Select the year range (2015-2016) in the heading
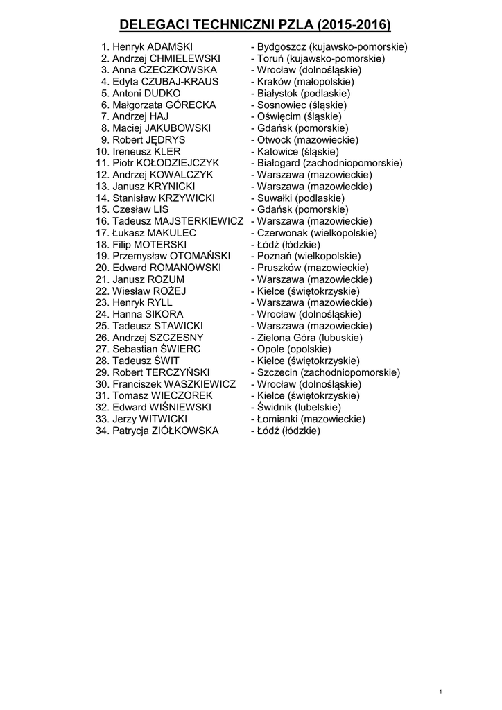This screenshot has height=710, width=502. [354, 26]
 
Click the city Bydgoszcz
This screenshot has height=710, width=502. [279, 46]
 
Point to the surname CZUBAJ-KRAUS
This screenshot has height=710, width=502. [184, 81]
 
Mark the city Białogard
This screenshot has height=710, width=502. [279, 163]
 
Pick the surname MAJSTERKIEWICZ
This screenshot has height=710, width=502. [200, 221]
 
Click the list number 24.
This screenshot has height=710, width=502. [102, 314]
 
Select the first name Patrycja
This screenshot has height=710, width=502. [130, 431]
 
